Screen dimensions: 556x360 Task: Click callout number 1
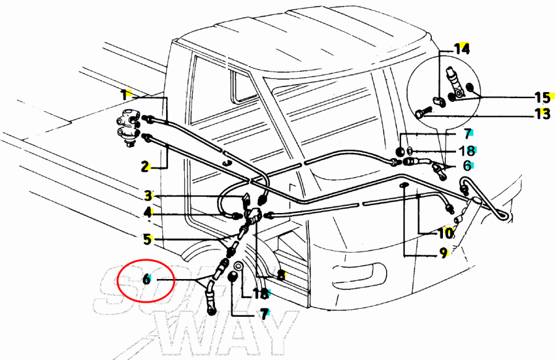tap(124, 95)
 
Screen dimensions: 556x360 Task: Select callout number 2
tap(145, 166)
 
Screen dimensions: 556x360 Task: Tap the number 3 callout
tap(148, 195)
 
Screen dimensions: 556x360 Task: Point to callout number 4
tap(148, 213)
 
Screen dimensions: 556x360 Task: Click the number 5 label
tap(148, 239)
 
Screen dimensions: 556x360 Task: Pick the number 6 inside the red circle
tap(146, 279)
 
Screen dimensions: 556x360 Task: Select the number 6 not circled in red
tap(467, 165)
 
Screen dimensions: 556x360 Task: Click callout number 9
tap(444, 253)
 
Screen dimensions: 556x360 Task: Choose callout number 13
tap(542, 114)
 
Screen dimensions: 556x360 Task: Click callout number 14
tap(461, 49)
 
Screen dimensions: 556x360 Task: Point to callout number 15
tap(542, 97)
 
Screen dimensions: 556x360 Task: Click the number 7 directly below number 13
tap(468, 133)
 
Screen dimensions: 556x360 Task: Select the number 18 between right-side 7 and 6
tap(467, 151)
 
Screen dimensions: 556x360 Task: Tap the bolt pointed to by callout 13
tap(421, 114)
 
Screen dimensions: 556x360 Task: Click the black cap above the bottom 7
tap(232, 277)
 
